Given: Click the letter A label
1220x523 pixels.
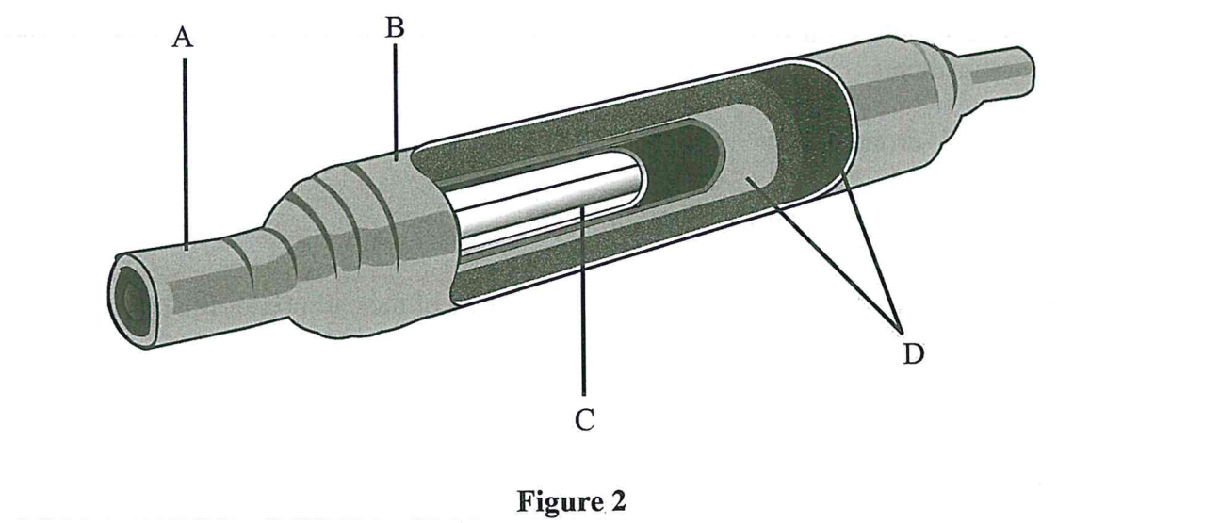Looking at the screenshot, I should (x=185, y=37).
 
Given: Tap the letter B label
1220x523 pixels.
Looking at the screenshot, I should (x=396, y=28).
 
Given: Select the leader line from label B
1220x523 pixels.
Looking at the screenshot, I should (x=397, y=104).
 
